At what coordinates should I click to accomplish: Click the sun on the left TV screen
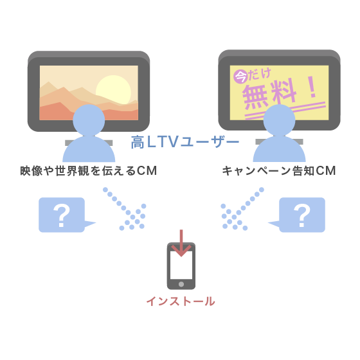pos(113,90)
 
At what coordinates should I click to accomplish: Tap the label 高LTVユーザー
pos(185,142)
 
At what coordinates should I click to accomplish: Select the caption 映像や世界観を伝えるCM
pos(89,171)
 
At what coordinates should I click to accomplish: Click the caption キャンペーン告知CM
pos(279,171)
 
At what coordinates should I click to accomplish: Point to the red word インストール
pos(181,301)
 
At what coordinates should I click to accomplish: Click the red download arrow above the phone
pos(181,243)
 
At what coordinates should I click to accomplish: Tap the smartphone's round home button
pos(181,284)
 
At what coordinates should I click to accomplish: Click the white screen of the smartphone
pos(181,265)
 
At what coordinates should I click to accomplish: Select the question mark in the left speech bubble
pos(62,215)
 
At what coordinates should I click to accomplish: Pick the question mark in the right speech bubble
pos(302,215)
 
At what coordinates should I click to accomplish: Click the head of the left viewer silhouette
pos(89,120)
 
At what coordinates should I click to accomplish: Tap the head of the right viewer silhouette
pos(279,120)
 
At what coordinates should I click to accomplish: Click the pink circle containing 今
pos(240,76)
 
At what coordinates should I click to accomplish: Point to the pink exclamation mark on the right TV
pos(312,87)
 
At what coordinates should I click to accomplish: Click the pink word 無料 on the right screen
pos(269,94)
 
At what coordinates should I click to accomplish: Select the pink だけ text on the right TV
pos(260,74)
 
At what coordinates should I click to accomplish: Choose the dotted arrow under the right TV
pos(242,209)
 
